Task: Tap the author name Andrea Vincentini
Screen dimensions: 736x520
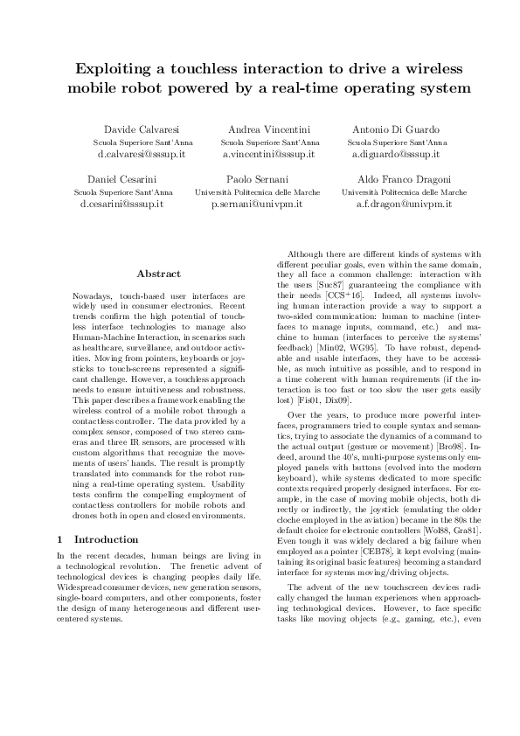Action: [x=269, y=129]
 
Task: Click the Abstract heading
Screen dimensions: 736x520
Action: [x=159, y=274]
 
